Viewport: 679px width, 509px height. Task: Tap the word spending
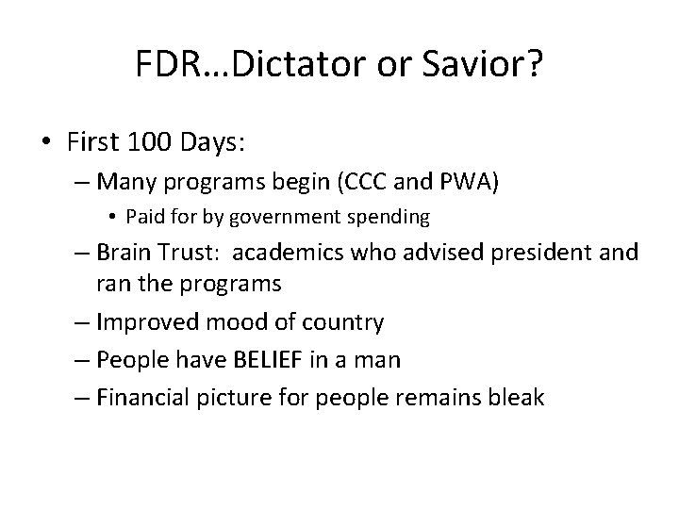(x=391, y=218)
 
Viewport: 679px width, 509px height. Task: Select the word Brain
(x=132, y=254)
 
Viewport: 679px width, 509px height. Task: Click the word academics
(x=283, y=254)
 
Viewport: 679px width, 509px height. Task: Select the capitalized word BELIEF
(x=292, y=360)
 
